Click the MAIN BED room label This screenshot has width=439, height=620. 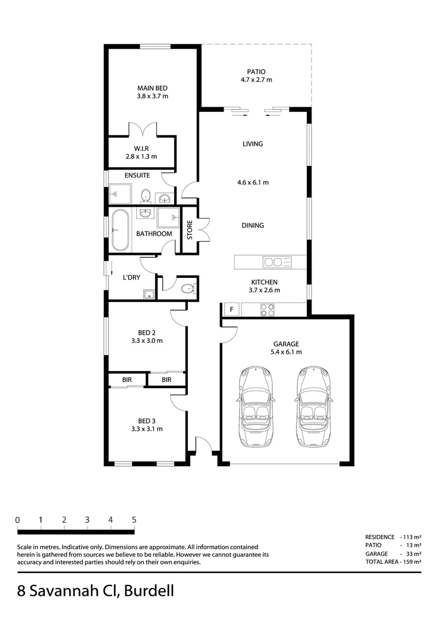pyautogui.click(x=152, y=88)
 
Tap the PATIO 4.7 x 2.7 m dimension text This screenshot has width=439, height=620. pyautogui.click(x=256, y=80)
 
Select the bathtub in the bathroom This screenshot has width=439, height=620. pyautogui.click(x=120, y=230)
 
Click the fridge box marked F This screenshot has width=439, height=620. pyautogui.click(x=231, y=309)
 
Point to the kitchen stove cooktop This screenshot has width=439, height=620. pyautogui.click(x=268, y=309)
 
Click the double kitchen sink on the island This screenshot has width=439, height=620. pyautogui.click(x=278, y=262)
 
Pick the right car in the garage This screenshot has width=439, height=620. pyautogui.click(x=314, y=406)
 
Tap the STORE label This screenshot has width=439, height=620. pyautogui.click(x=190, y=230)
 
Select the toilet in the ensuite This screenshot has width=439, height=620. pyautogui.click(x=147, y=196)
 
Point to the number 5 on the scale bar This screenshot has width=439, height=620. pyautogui.click(x=134, y=520)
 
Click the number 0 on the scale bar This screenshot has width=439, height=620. pyautogui.click(x=18, y=520)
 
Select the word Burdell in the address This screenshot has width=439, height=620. pyautogui.click(x=148, y=591)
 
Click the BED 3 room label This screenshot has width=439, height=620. pyautogui.click(x=147, y=420)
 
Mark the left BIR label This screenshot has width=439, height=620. pyautogui.click(x=127, y=380)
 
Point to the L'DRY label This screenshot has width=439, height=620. pyautogui.click(x=132, y=277)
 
